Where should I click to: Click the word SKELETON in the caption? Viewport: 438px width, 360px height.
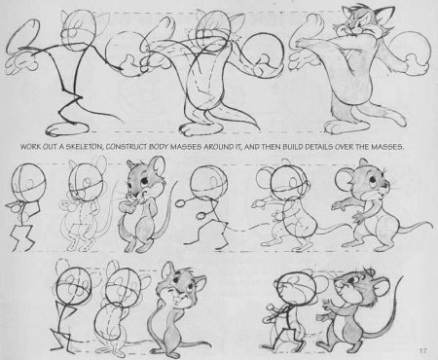coord(83,147)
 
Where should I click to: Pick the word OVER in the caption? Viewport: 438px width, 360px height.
coord(343,147)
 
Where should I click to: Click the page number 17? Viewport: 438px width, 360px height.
coord(422,350)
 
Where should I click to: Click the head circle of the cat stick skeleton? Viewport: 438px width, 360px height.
coord(80,28)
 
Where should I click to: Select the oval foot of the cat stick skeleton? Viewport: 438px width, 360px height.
coord(66,128)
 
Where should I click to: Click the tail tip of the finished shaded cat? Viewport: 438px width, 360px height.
coord(403,124)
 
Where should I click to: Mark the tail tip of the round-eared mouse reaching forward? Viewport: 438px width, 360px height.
coord(430,225)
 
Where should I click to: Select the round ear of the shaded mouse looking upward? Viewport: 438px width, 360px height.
coord(382,286)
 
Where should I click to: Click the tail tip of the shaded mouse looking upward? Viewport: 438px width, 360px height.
coord(402,278)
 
